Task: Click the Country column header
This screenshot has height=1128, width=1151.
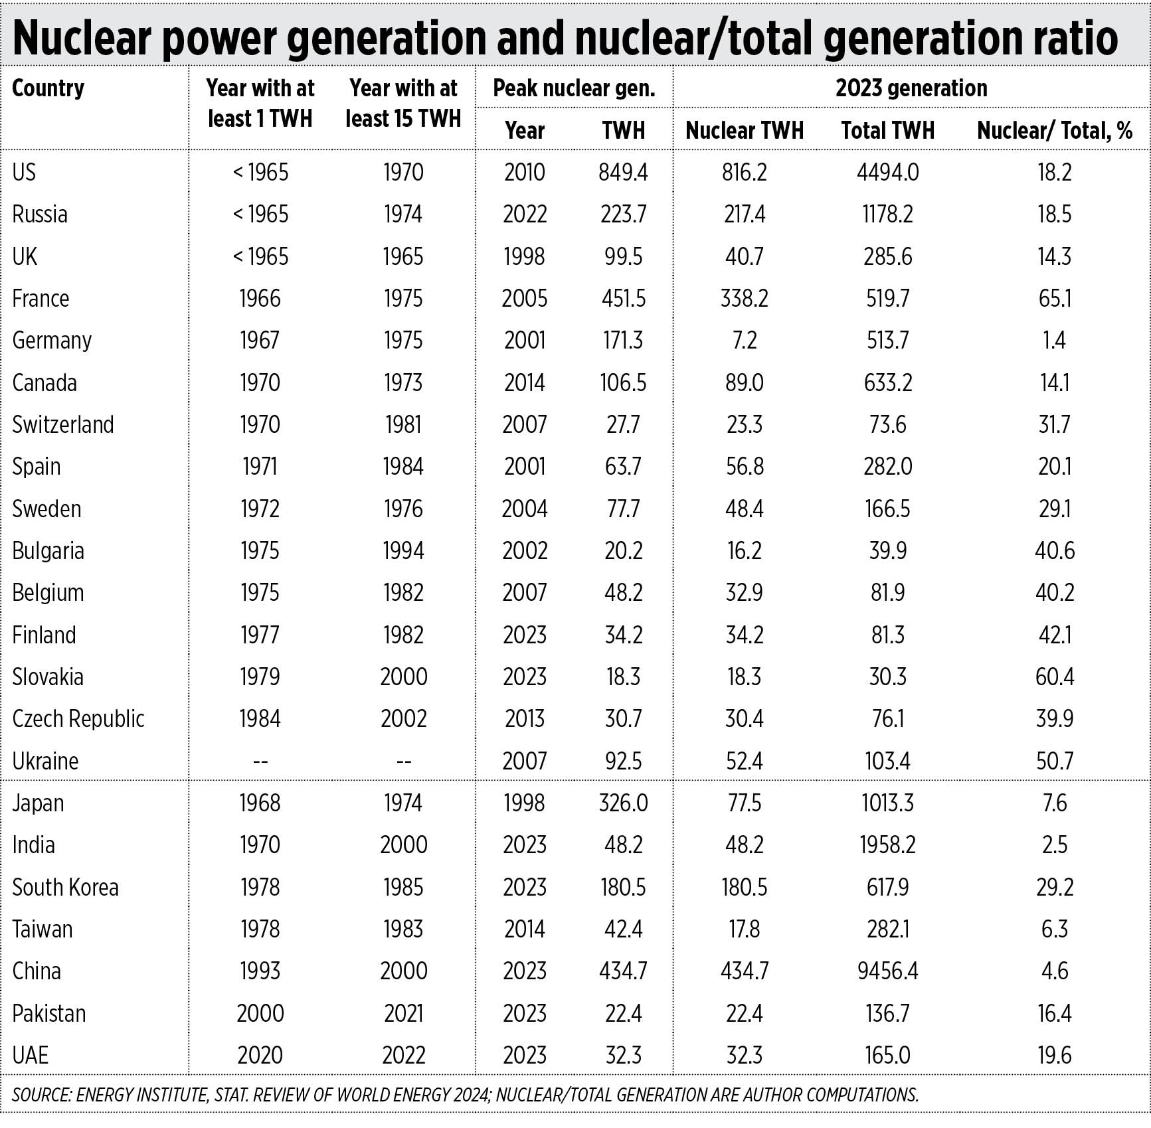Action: click(x=48, y=88)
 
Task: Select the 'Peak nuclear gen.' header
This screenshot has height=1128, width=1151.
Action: click(x=574, y=88)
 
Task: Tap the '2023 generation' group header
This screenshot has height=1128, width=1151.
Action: click(x=911, y=88)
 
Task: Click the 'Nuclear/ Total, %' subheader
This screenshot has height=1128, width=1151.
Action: click(x=1054, y=131)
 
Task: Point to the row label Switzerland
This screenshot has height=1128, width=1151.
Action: click(x=63, y=425)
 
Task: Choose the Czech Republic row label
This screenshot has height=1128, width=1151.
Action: click(x=78, y=719)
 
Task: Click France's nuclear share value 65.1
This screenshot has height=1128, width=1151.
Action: click(x=1055, y=299)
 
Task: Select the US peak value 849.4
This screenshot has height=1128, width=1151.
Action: click(x=623, y=173)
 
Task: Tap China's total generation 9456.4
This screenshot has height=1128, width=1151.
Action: click(x=887, y=971)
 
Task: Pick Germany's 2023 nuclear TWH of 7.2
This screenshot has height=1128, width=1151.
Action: click(x=744, y=341)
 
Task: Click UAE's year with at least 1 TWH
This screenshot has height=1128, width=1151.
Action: click(x=260, y=1056)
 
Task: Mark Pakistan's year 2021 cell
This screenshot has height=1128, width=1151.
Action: click(x=403, y=1014)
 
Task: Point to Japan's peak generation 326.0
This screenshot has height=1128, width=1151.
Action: click(x=623, y=803)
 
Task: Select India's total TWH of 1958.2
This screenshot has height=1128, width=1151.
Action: click(x=887, y=845)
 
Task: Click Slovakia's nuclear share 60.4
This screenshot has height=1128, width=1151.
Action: click(x=1055, y=677)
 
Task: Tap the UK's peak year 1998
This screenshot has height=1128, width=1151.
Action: click(x=524, y=257)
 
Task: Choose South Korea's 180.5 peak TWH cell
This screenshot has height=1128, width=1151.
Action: click(x=623, y=888)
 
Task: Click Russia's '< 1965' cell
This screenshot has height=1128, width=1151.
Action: click(x=260, y=214)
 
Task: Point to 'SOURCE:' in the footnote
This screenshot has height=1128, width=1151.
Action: click(x=41, y=1095)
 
